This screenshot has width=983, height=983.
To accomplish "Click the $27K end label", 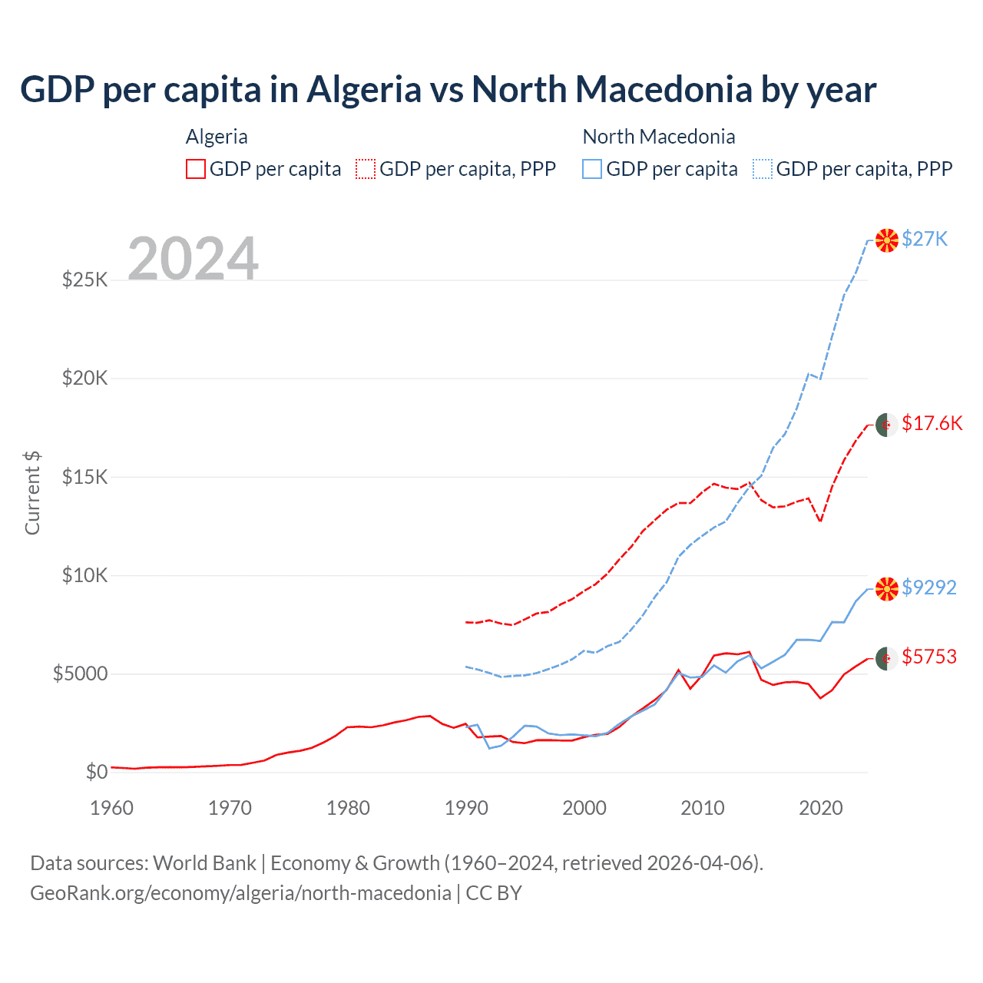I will point(925,239).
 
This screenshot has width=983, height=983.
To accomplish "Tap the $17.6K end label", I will point(932,423).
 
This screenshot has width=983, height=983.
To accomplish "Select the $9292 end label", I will point(928,587).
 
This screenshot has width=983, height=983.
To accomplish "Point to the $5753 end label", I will point(928,657).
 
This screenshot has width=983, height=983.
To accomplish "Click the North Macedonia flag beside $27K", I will point(887,240).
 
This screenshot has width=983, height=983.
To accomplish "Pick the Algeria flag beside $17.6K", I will point(887,425).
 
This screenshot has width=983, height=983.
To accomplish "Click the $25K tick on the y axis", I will point(85,280).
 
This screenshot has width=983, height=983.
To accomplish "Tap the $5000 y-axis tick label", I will point(80,674).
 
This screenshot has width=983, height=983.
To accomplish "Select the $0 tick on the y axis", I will point(96,772).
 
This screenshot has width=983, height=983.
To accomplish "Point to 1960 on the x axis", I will point(112,808).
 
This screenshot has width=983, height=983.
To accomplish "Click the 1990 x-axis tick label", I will point(466,808).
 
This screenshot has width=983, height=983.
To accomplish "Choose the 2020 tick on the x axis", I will point(821,808).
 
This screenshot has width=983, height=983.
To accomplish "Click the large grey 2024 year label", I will point(194,259).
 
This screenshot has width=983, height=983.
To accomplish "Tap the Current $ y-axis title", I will point(32,492).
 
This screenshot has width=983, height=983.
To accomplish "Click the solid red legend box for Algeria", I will point(196,169).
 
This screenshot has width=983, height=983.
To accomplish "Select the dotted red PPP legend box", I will point(366,169).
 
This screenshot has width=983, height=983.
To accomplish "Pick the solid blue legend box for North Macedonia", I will point(592,169).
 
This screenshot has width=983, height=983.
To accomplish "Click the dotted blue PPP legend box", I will point(763,169).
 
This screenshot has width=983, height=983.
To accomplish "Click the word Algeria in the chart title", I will point(364,90).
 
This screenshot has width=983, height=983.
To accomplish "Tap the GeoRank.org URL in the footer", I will point(240,893).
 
